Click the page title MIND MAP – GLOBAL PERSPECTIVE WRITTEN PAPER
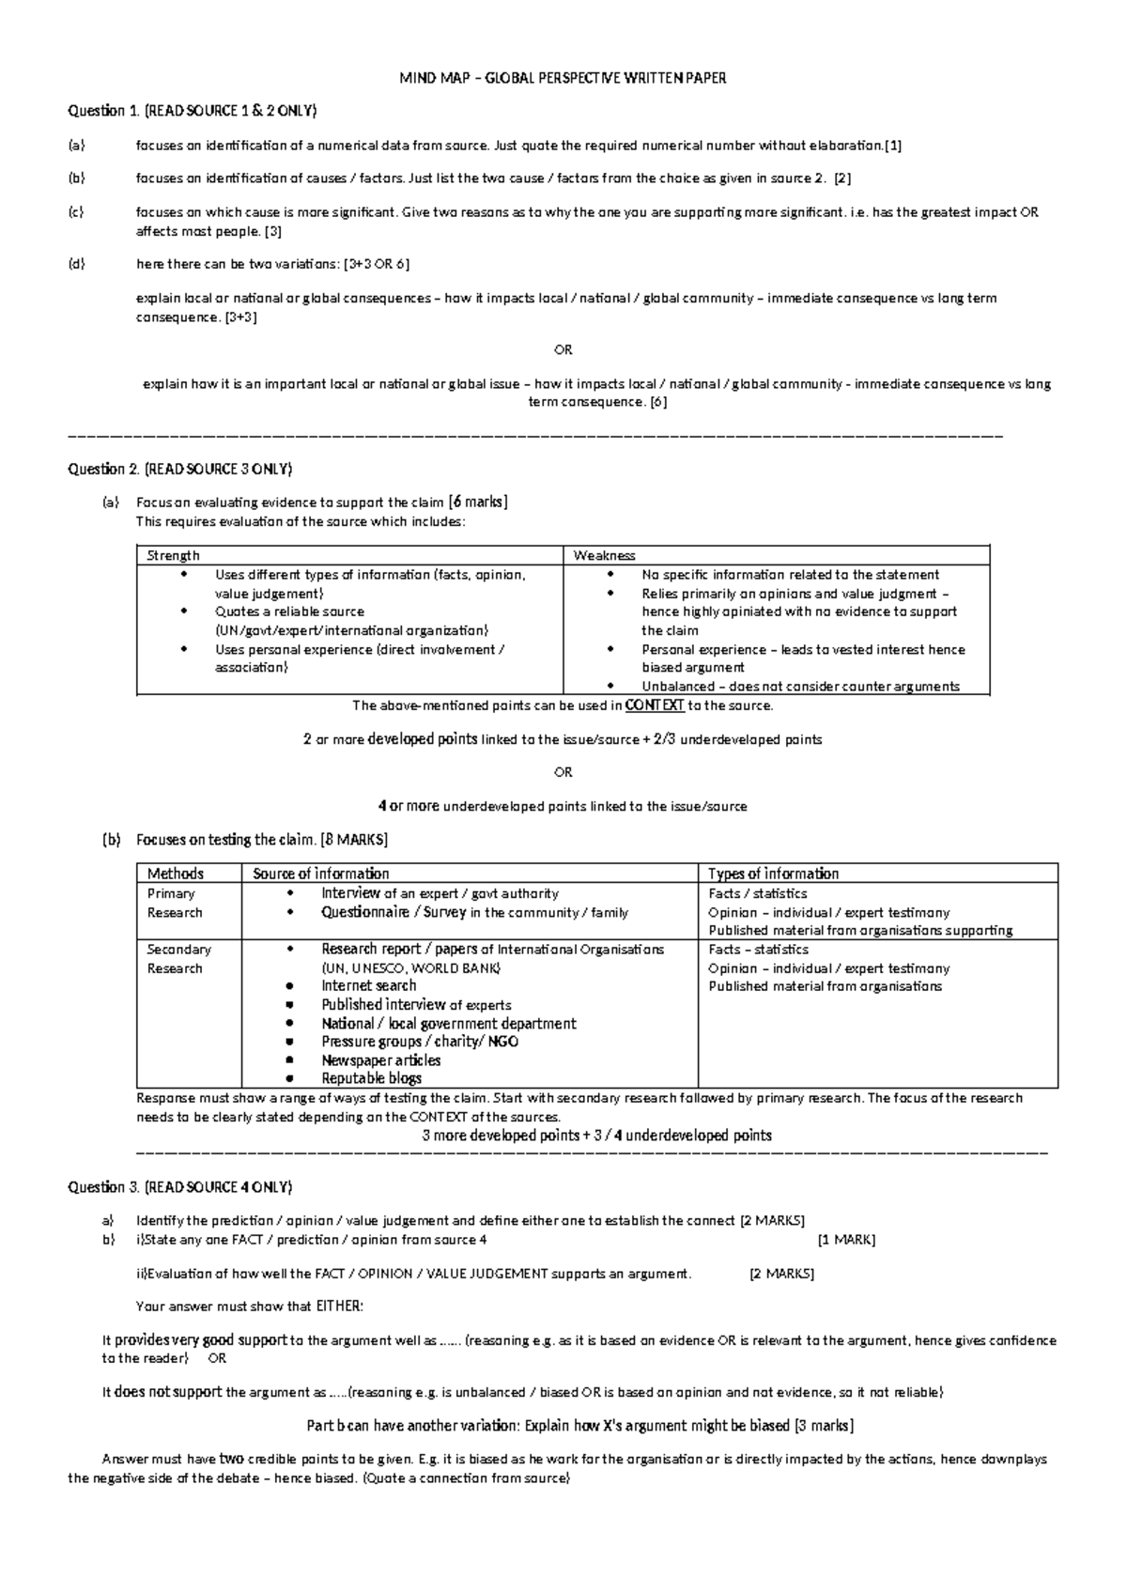click(x=563, y=78)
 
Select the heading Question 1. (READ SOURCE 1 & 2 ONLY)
click(x=193, y=111)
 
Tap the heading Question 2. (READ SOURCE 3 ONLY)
click(x=180, y=469)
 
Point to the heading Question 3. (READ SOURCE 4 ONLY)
click(x=180, y=1187)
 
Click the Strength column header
click(x=174, y=556)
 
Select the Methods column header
click(x=176, y=874)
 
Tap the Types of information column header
click(x=773, y=874)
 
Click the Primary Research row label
click(x=174, y=903)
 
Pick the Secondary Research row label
click(x=178, y=959)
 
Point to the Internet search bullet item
click(x=369, y=986)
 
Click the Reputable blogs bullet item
click(x=372, y=1078)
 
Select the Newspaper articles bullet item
click(x=381, y=1060)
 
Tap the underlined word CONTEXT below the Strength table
click(x=655, y=705)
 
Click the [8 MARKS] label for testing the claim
click(x=354, y=840)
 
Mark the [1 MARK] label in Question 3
click(x=846, y=1240)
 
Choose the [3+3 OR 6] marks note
click(x=377, y=265)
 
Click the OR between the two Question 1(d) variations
click(x=563, y=350)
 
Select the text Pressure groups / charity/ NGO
click(x=420, y=1042)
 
